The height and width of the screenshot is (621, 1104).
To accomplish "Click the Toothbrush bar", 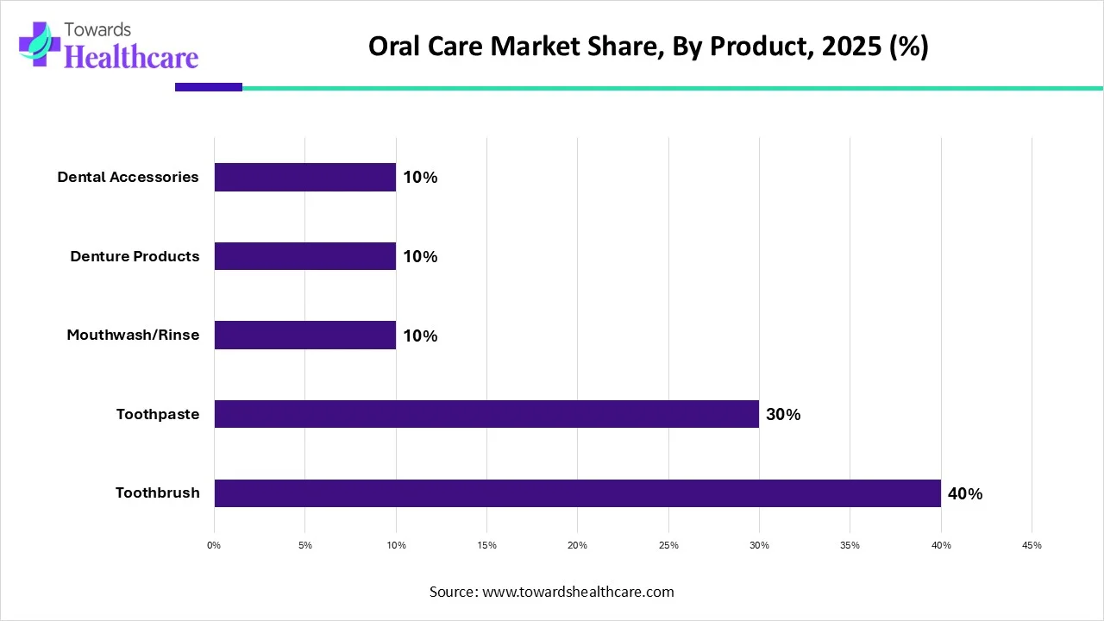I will tap(577, 493).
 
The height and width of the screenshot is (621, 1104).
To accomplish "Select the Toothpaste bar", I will tap(486, 414).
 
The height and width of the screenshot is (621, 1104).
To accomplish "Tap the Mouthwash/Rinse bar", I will tap(304, 336).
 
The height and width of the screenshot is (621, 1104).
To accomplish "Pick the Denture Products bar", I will tap(304, 256).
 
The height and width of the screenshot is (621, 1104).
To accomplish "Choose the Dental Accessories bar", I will tap(304, 178).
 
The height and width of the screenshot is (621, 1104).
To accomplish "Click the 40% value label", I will tap(964, 494).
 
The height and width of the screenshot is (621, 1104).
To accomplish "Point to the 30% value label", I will tap(783, 415).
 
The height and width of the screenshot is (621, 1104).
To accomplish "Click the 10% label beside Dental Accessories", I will tap(420, 178).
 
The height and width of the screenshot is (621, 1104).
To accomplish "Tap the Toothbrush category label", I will tap(157, 493).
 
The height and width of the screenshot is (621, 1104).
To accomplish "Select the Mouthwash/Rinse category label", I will tap(133, 336).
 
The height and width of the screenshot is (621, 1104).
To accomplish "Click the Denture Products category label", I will tap(135, 256).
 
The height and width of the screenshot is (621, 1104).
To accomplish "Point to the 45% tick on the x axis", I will tap(1032, 545).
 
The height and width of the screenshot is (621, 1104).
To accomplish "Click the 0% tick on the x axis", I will tap(214, 545).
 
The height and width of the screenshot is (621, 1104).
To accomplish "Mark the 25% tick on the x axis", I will tap(668, 545).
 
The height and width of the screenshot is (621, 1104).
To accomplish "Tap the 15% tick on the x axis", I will tap(486, 545).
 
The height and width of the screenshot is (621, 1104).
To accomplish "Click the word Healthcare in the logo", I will tap(131, 56).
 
